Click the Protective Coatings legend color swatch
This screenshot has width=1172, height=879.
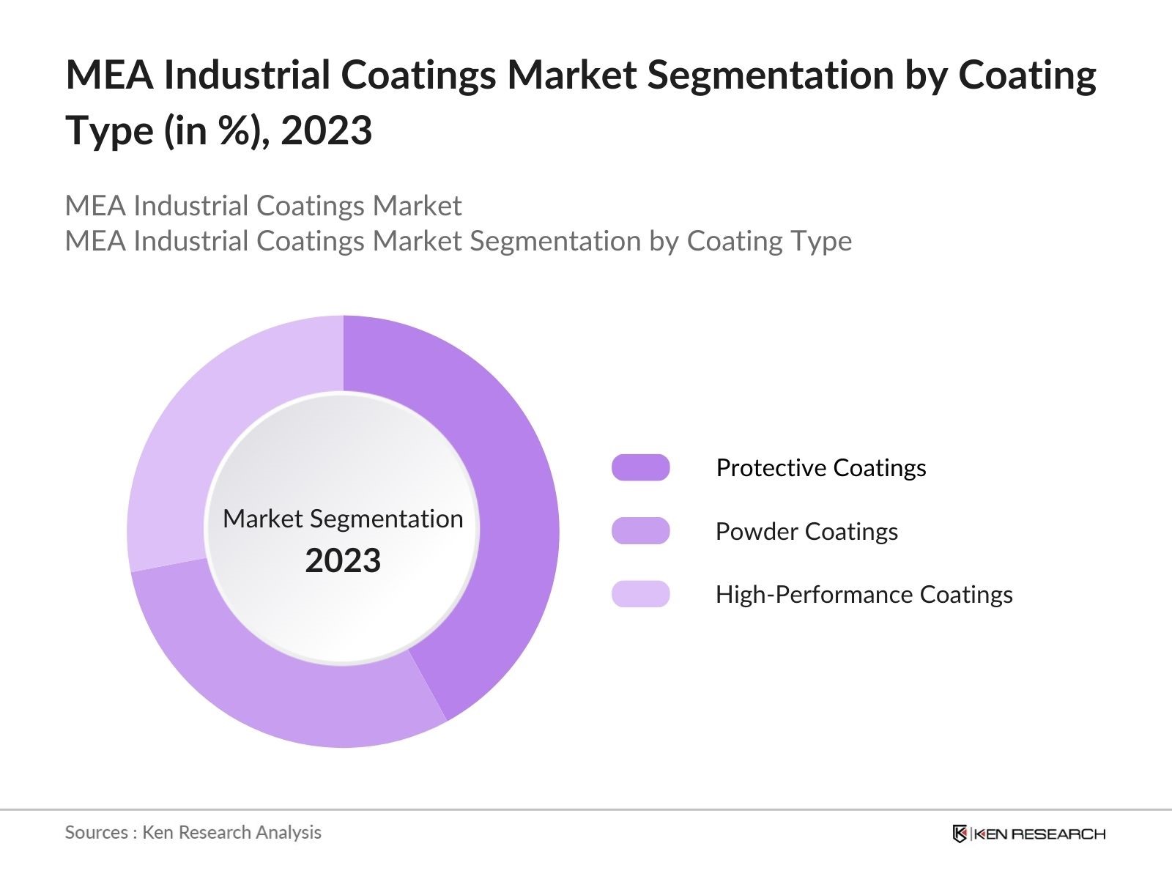click(x=640, y=467)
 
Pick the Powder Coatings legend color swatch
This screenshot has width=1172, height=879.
click(x=640, y=531)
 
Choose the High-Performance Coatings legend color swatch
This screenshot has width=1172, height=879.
click(x=640, y=594)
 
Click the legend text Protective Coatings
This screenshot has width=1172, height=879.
click(x=820, y=467)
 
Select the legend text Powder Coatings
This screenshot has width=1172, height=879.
click(x=806, y=531)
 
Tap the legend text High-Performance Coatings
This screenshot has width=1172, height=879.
click(x=864, y=594)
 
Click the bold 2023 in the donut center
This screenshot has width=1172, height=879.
click(x=343, y=561)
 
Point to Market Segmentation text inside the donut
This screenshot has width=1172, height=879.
click(x=343, y=519)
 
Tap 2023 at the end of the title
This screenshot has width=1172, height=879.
click(x=326, y=130)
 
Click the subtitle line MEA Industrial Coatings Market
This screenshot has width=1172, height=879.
click(x=263, y=206)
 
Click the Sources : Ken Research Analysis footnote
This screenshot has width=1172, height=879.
click(x=193, y=832)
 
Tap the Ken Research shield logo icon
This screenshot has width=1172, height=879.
click(x=960, y=834)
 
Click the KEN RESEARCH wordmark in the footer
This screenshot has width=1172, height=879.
click(x=1040, y=834)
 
